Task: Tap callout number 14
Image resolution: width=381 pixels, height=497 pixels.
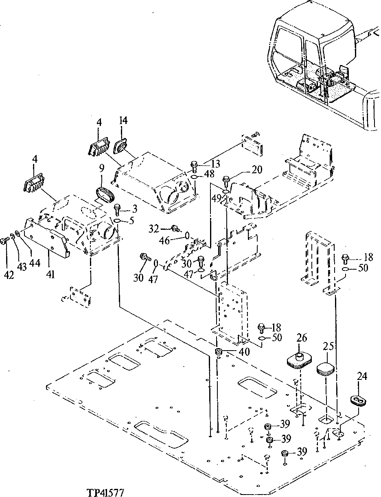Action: (x=123, y=120)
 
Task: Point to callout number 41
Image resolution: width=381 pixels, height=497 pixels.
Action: (x=50, y=275)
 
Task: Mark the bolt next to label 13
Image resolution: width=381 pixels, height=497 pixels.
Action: (x=194, y=166)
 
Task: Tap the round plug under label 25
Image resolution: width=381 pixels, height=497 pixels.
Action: (x=326, y=369)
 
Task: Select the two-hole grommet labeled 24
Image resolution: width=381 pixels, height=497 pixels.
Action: (x=359, y=400)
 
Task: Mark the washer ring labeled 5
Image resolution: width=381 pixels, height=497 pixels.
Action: (x=117, y=220)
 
